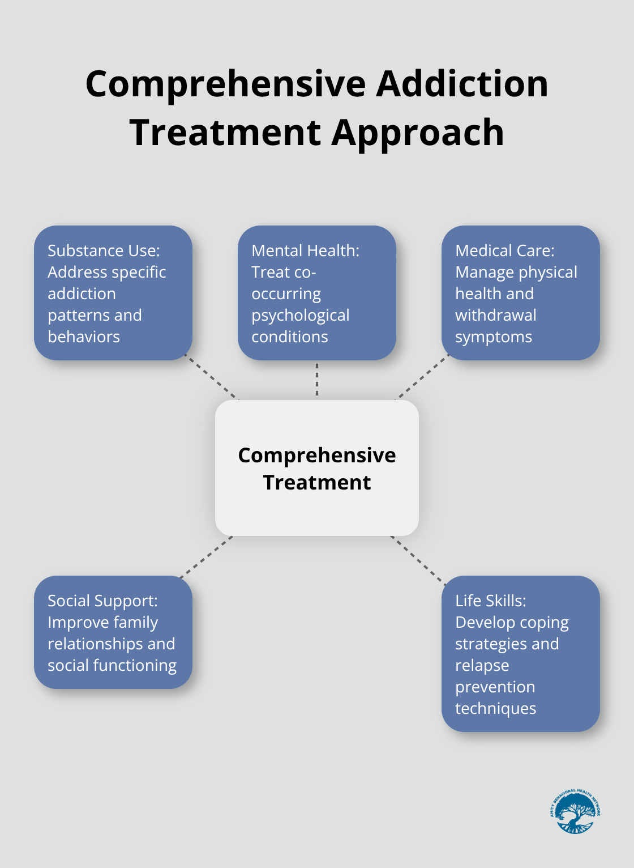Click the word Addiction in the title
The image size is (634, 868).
(x=462, y=84)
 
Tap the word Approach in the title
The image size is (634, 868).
(x=418, y=133)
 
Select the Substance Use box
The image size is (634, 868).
(x=113, y=292)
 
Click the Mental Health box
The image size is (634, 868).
(x=316, y=292)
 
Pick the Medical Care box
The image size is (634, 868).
(x=520, y=292)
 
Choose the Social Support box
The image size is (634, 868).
(x=113, y=632)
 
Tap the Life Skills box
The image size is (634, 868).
(x=520, y=654)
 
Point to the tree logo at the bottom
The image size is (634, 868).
(x=575, y=811)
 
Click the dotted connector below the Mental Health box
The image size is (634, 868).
(x=317, y=380)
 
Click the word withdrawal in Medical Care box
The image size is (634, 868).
(x=496, y=315)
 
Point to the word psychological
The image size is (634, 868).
(x=300, y=316)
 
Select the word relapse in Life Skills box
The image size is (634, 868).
(x=482, y=665)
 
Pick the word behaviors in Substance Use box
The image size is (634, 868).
(x=84, y=337)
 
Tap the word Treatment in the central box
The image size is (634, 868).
(x=316, y=483)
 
